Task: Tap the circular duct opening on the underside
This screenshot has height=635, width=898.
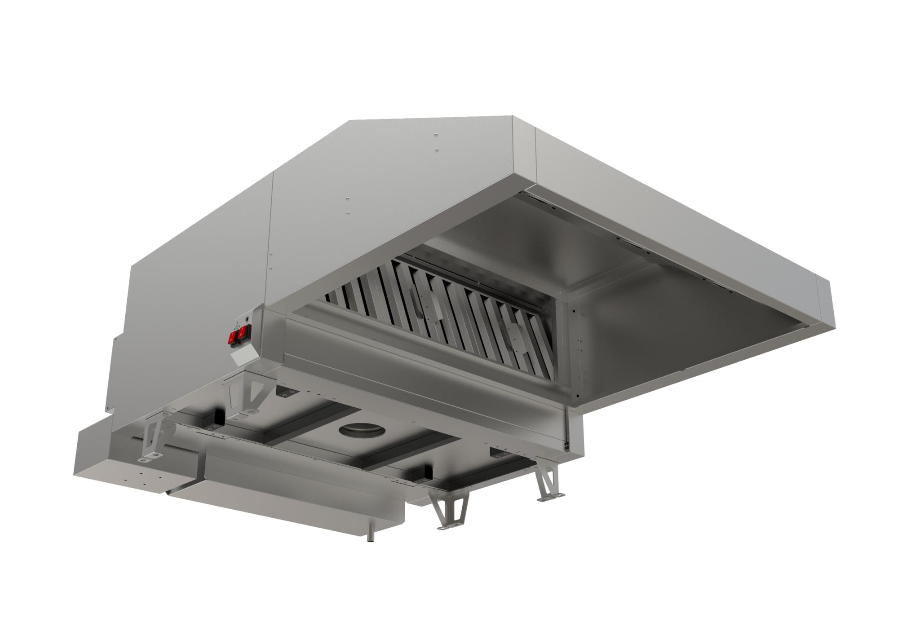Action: tap(362, 430)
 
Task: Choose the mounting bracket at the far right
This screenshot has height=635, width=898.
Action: tap(548, 483)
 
